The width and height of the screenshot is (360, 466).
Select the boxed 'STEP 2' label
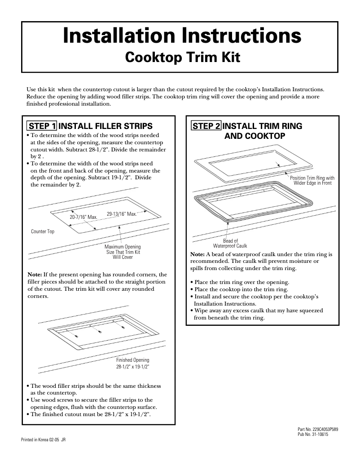(x=206, y=126)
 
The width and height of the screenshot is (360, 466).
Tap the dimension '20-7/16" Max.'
(x=83, y=217)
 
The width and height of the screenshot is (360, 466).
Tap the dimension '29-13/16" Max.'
(x=121, y=213)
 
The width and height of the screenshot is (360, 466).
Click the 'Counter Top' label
(x=43, y=231)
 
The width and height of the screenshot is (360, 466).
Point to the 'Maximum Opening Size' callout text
(x=123, y=252)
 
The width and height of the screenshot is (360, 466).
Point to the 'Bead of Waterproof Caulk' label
(x=230, y=244)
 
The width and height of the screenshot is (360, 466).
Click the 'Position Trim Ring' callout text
(x=312, y=181)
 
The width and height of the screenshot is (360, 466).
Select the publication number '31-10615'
(x=318, y=435)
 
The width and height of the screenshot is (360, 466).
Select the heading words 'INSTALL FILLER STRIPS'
(x=106, y=126)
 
